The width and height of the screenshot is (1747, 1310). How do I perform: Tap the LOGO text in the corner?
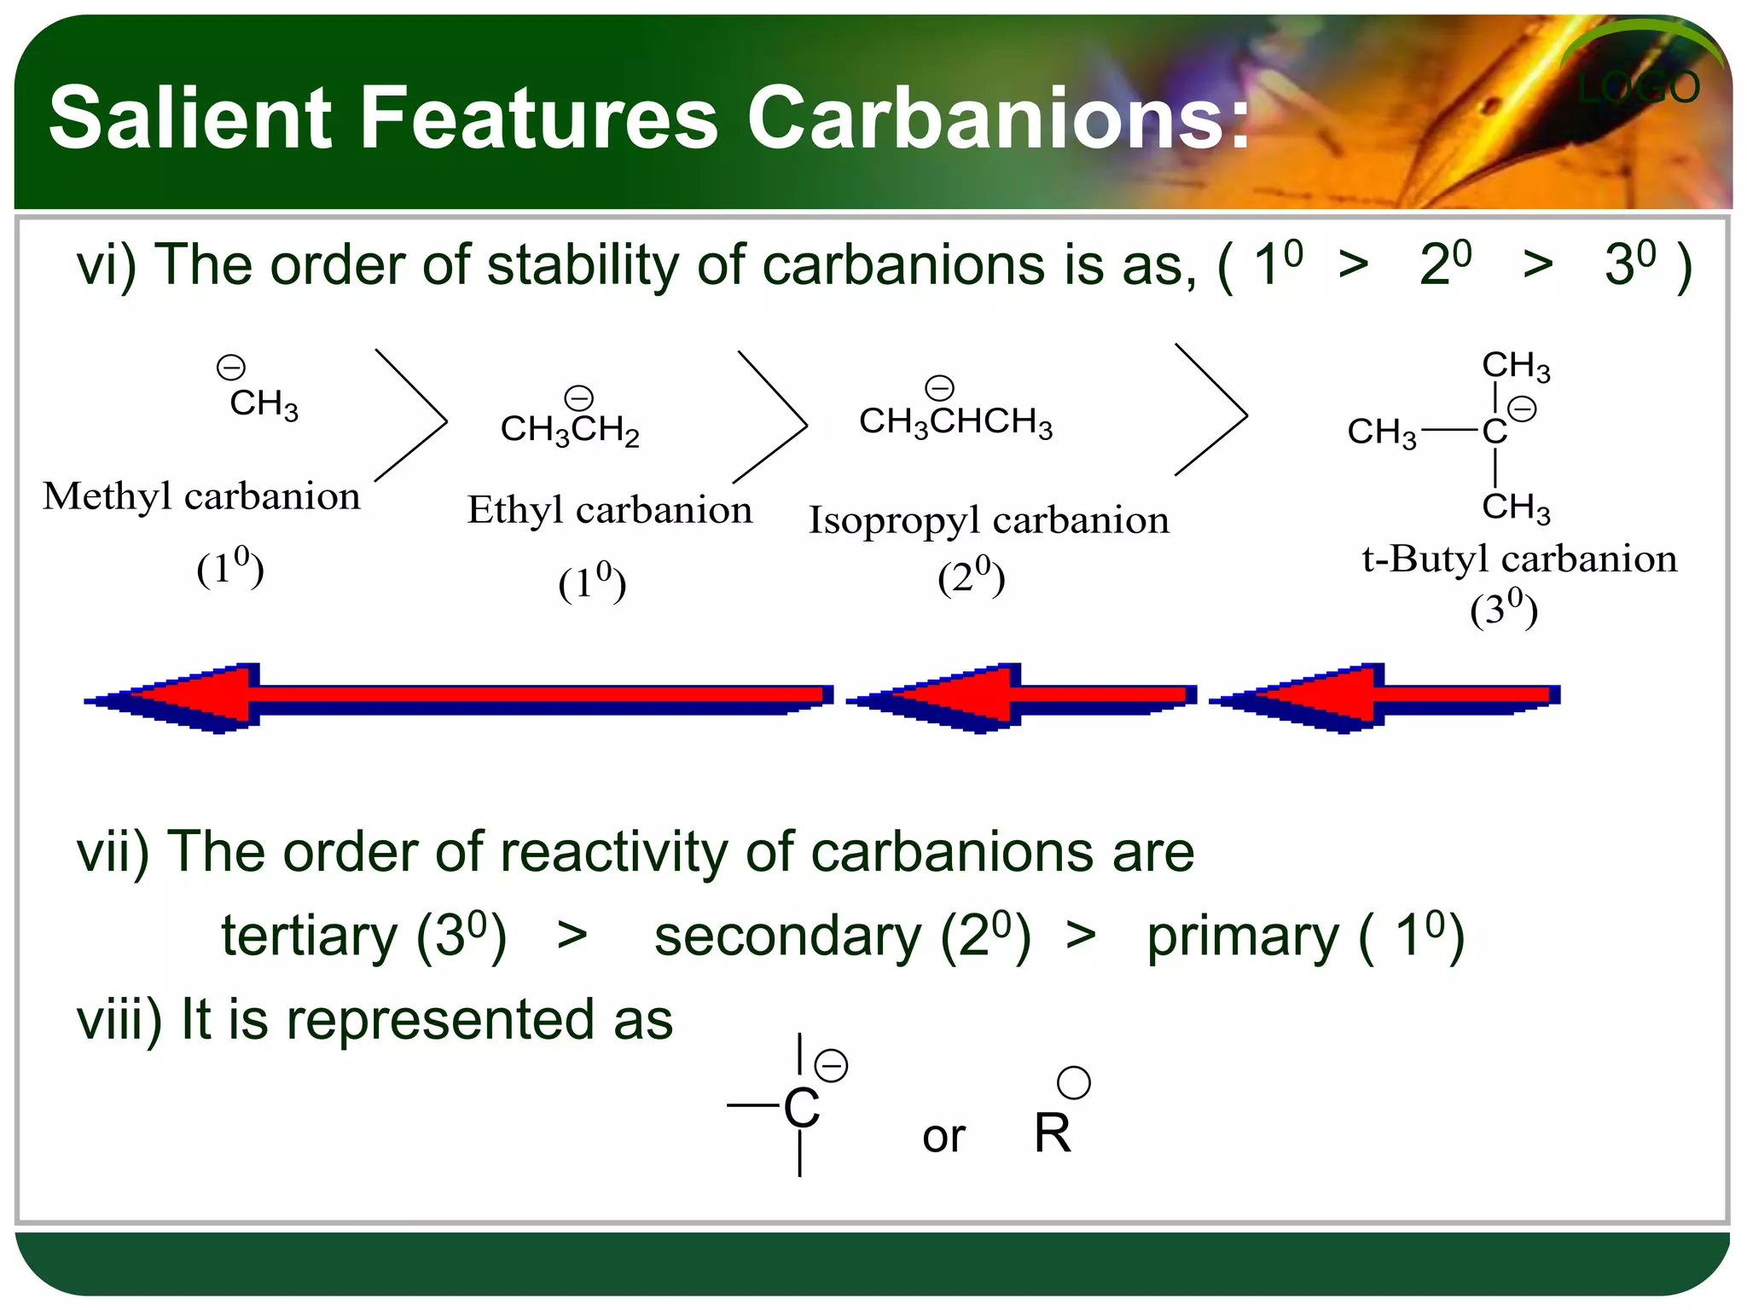1638,88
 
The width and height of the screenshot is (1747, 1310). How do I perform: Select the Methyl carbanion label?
201,496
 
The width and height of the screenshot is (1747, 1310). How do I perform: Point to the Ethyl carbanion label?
609,511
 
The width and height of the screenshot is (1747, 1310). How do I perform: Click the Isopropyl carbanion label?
988,520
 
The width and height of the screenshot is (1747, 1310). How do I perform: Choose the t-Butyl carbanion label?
1518,559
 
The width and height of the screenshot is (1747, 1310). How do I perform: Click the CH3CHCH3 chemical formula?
955,421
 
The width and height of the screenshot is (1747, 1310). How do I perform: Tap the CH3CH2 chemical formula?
569,429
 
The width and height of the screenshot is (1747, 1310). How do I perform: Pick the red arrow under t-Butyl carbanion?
1384,697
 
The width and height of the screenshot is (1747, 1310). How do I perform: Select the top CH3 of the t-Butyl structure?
1515,366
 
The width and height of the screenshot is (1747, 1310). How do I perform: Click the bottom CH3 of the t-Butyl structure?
1515,507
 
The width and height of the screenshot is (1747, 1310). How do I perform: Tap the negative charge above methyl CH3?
230,368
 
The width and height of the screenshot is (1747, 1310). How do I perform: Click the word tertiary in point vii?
309,936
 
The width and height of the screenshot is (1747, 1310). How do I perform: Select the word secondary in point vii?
787,936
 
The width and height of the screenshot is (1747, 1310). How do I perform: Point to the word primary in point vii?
1242,936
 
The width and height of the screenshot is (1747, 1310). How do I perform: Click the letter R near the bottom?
1052,1133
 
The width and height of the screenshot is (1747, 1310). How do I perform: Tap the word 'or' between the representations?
943,1136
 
